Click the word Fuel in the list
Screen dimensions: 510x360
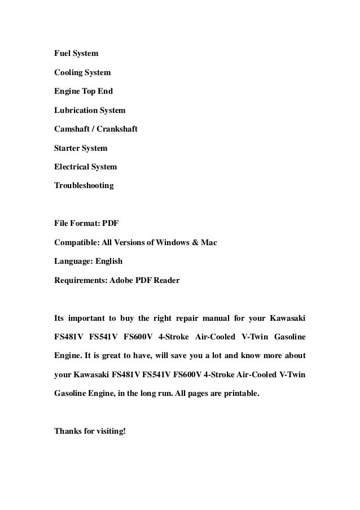62,54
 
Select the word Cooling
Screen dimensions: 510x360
68,73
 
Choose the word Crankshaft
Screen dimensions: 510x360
116,129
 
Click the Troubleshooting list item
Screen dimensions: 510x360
84,185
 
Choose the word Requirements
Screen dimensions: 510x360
79,280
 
